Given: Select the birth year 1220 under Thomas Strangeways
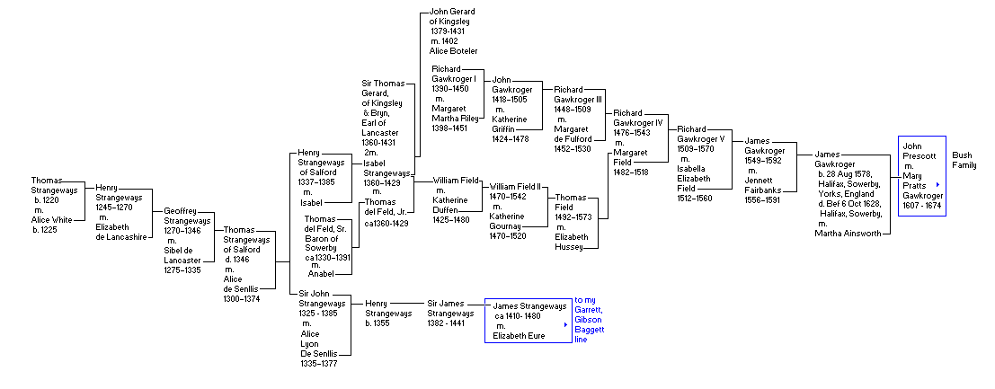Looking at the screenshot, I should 49,200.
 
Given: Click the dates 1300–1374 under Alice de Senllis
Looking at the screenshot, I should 242,298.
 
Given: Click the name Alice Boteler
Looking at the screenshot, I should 453,51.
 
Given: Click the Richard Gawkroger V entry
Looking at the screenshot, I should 701,139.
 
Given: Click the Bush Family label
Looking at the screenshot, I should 962,160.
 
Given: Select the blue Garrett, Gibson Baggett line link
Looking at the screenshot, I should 589,321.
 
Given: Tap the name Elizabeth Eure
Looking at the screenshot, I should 519,336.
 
